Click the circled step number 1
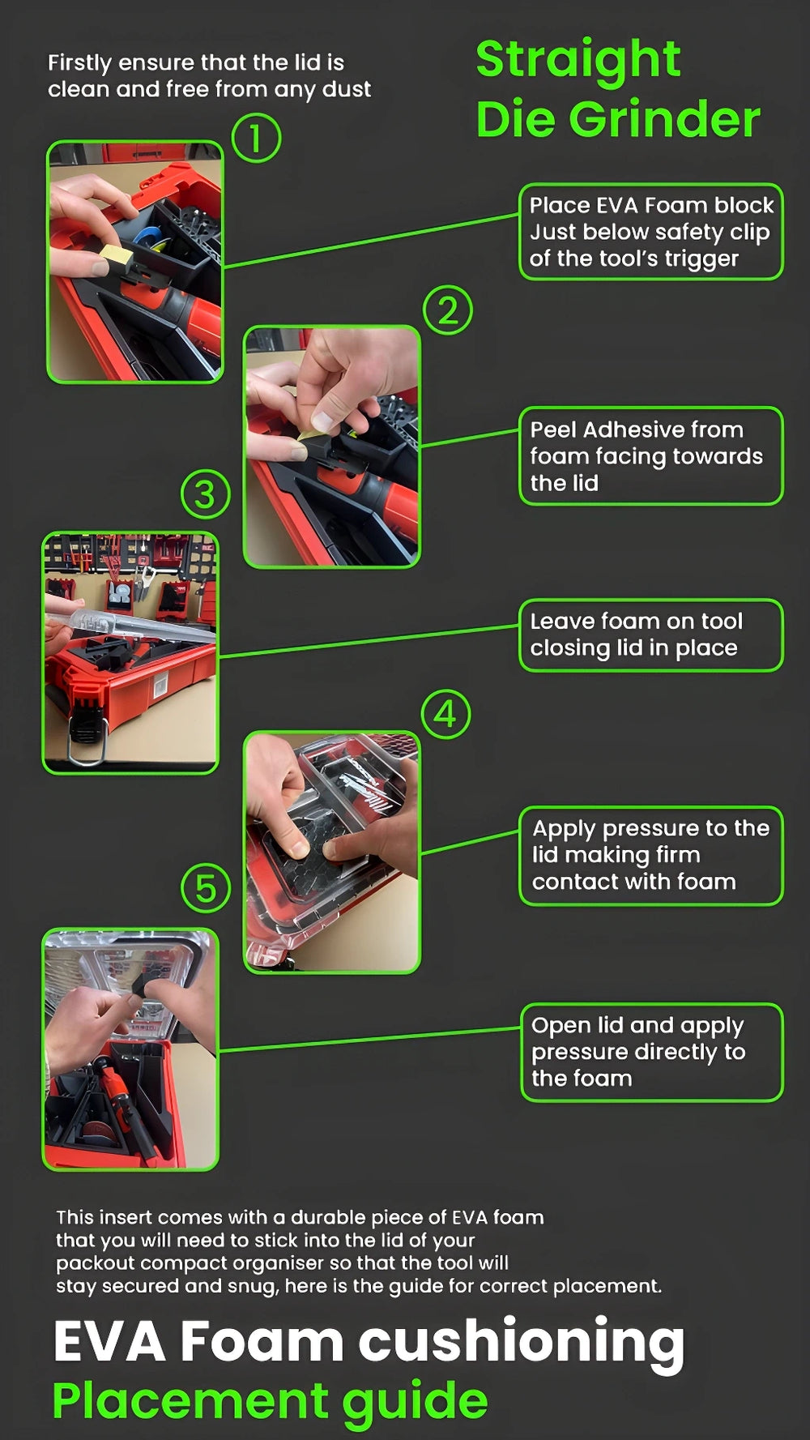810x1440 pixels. tap(256, 138)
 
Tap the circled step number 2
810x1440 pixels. tap(448, 310)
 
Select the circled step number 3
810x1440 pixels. tap(206, 494)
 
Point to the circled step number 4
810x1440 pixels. tap(446, 714)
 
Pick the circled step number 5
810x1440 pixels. tap(206, 887)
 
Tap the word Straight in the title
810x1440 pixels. tap(578, 61)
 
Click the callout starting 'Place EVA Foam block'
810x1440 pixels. tap(651, 232)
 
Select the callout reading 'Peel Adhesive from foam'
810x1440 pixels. tap(651, 455)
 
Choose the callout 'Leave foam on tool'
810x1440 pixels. tap(651, 635)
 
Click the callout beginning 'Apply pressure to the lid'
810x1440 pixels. tap(651, 855)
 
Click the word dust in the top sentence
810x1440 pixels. tap(347, 89)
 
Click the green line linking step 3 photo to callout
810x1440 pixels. tap(369, 641)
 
